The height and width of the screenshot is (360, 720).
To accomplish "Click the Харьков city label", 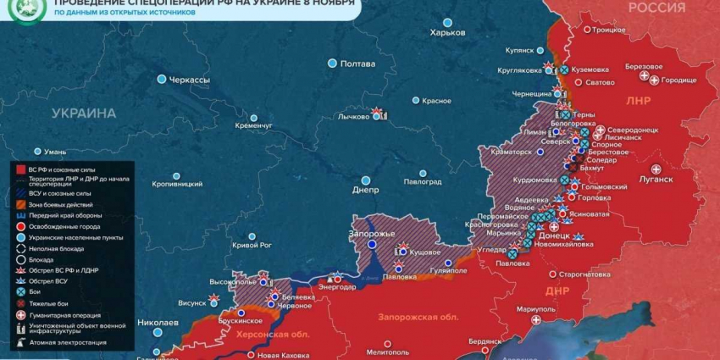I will tap(448, 32).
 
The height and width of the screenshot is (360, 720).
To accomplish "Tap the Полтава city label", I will tap(357, 64).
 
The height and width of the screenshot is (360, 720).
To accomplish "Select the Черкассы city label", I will tap(189, 79).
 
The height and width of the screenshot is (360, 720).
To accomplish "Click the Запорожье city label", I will tap(372, 233).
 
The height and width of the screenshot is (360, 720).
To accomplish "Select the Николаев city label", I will tap(158, 323).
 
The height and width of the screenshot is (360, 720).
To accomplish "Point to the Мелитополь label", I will tap(389, 352).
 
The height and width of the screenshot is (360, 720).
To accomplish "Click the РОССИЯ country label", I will tap(656, 8).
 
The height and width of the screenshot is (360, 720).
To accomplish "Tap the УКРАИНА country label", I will tap(83, 113).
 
